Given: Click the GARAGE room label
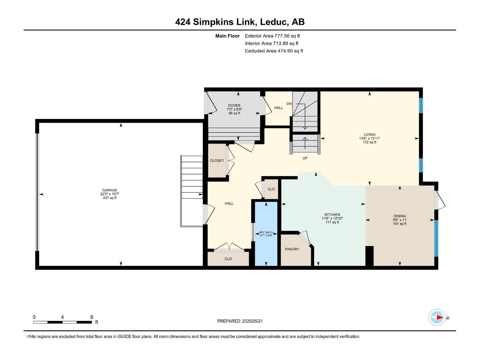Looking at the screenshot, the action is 109,190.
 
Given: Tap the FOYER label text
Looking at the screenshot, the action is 234,105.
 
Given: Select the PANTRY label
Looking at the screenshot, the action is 292,249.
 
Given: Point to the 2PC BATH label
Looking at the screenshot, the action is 266,232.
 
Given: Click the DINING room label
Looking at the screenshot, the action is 400,216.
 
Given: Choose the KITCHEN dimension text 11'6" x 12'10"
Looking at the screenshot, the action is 332,218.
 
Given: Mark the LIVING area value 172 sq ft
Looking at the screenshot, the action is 369,142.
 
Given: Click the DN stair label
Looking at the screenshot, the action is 289,103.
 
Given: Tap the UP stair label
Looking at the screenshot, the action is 305,158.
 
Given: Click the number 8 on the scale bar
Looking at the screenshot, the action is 91,317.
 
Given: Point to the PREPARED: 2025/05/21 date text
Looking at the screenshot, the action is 240,321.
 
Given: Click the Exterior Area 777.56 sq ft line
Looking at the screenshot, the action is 272,36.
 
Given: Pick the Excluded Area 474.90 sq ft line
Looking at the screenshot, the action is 274,51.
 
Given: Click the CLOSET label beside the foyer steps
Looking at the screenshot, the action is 217,160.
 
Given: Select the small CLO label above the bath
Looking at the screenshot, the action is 271,189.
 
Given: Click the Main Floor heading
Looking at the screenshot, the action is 227,36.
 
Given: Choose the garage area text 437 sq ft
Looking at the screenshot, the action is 109,198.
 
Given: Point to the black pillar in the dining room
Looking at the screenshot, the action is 369,256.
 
